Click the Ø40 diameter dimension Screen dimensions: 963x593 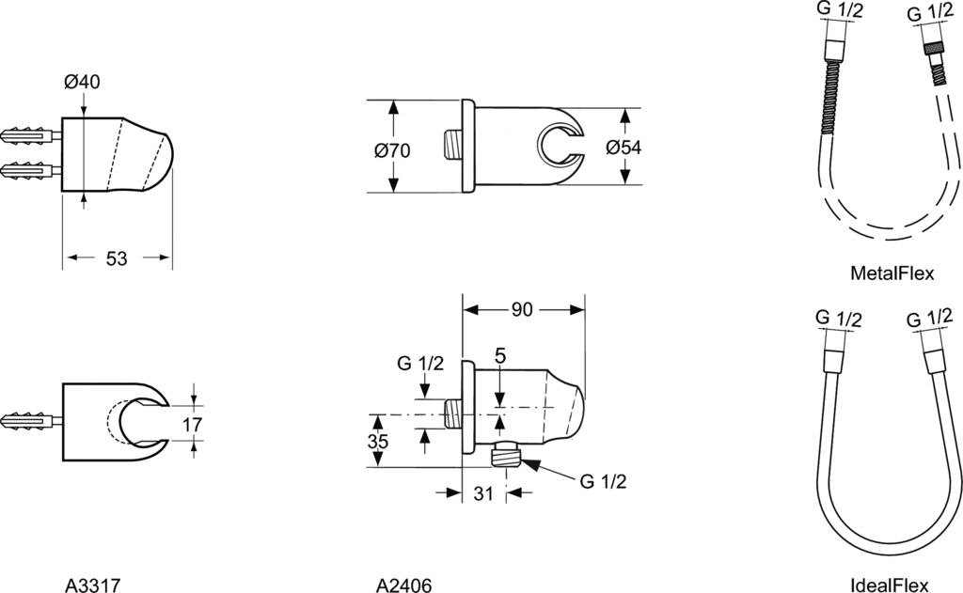pos(82,82)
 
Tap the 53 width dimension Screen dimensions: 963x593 pos(117,258)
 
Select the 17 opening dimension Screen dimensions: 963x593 pos(192,424)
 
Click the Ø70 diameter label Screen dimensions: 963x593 pos(392,150)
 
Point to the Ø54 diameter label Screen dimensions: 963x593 pos(624,148)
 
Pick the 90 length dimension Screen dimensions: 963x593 pos(522,310)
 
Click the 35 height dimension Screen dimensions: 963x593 pos(378,442)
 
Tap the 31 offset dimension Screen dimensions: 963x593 pos(483,493)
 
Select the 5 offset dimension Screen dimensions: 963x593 pos(500,355)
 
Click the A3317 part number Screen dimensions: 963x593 pos(92,585)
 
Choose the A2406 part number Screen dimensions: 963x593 pos(403,585)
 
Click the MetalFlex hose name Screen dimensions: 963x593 pos(892,273)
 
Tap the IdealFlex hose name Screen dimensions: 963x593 pos(890,585)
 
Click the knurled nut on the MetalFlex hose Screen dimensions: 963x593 pos(933,48)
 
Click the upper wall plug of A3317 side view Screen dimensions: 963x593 pos(31,134)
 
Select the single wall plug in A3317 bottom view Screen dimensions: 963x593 pos(31,422)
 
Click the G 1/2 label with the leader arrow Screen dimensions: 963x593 pos(603,481)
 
